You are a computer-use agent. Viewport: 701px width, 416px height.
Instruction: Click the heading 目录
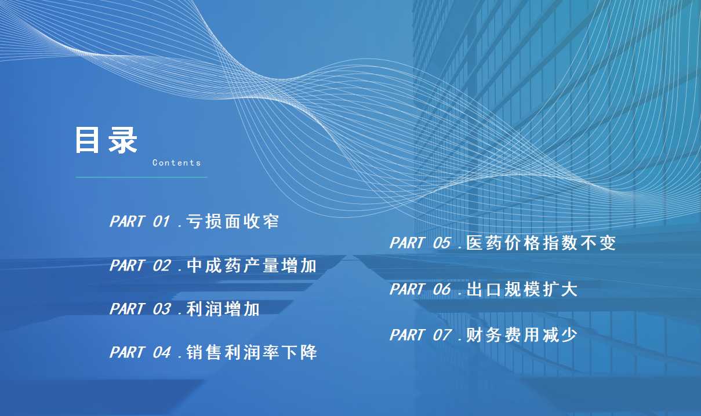(106, 140)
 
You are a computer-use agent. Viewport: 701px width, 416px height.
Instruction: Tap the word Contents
(177, 163)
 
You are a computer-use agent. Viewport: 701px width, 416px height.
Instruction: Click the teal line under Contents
(141, 177)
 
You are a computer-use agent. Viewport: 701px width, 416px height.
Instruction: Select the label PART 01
(140, 221)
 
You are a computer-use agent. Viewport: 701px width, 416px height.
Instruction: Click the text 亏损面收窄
(233, 221)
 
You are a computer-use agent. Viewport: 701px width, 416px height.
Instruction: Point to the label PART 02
(140, 265)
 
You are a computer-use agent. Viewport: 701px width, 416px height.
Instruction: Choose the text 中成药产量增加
(252, 265)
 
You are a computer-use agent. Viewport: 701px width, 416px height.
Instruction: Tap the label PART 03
(140, 309)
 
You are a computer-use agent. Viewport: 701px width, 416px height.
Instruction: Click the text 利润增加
(223, 309)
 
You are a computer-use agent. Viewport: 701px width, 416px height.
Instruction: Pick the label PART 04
(140, 352)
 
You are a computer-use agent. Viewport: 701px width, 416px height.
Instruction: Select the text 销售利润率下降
(252, 352)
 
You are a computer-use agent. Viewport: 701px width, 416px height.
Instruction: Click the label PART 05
(420, 243)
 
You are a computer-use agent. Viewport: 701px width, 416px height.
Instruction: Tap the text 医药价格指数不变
(541, 243)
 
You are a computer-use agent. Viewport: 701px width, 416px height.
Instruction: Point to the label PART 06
(420, 289)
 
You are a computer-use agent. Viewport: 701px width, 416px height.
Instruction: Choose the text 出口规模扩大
(522, 289)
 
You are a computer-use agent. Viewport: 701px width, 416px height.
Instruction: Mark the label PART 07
(420, 335)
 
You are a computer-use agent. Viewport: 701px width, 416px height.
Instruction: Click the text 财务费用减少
(522, 335)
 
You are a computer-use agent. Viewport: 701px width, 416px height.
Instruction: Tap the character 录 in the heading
(122, 140)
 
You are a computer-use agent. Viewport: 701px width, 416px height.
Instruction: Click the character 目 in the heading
(87, 140)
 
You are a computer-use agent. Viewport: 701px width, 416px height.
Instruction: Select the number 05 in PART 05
(442, 243)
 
